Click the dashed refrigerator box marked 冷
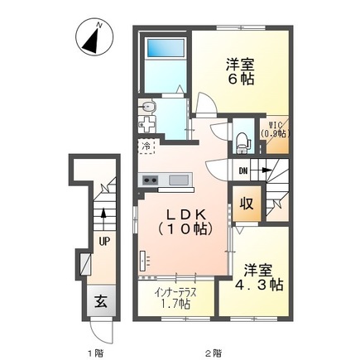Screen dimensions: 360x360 pyautogui.click(x=146, y=148)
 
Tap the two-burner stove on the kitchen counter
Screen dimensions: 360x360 pyautogui.click(x=151, y=180)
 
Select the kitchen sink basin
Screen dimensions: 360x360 pyautogui.click(x=178, y=180)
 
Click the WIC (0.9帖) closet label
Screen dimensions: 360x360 pyautogui.click(x=273, y=130)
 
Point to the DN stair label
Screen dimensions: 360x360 pyautogui.click(x=242, y=171)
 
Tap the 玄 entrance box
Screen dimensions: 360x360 pyautogui.click(x=98, y=300)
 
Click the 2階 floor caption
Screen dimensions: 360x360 pyautogui.click(x=213, y=353)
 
